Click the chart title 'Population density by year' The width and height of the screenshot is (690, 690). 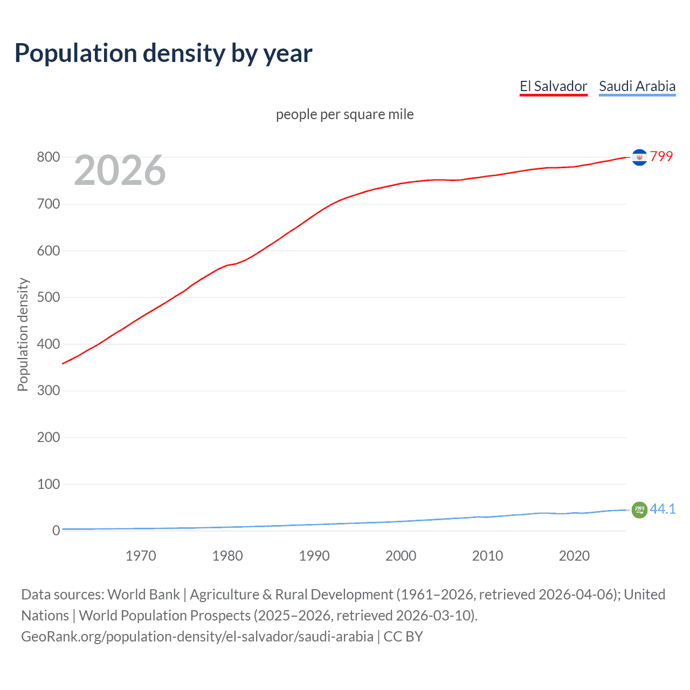click(163, 53)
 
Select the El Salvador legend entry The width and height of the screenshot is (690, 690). click(553, 86)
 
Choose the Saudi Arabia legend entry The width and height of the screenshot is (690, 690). click(637, 86)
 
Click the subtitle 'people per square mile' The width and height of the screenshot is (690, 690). click(344, 115)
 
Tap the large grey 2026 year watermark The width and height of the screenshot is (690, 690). click(120, 170)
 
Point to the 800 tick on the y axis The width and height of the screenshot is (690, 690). click(48, 157)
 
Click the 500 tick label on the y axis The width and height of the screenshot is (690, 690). click(48, 298)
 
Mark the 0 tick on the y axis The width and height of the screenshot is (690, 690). click(56, 530)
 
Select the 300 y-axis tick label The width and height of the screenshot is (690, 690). click(48, 391)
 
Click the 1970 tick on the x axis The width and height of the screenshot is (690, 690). click(141, 556)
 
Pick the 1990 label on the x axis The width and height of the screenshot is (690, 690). click(314, 556)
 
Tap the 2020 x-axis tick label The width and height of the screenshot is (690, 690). click(574, 556)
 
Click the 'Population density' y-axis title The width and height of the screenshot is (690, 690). click(23, 334)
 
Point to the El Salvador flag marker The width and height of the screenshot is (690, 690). click(639, 157)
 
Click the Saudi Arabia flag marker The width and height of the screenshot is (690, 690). click(639, 509)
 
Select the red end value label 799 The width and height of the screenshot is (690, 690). click(661, 156)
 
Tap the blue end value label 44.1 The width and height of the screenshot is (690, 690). click(663, 509)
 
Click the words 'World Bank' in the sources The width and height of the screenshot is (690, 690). click(143, 595)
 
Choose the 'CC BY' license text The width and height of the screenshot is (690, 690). click(403, 637)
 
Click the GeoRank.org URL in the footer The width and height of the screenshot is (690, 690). click(197, 637)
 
